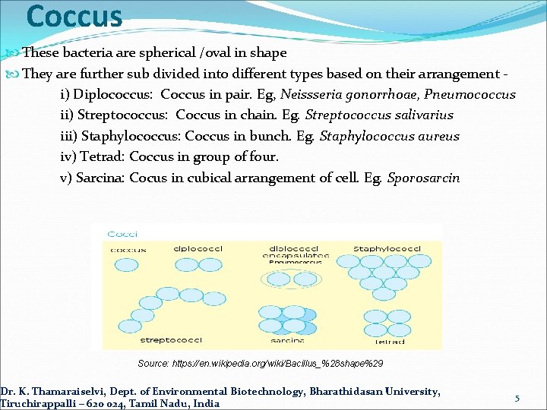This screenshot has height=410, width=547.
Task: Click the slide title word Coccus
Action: click(74, 16)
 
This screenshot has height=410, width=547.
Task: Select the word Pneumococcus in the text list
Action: click(470, 95)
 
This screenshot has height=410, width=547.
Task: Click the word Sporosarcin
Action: click(423, 178)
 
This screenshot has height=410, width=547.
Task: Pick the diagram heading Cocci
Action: click(122, 235)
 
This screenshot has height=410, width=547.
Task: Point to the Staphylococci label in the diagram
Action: click(387, 248)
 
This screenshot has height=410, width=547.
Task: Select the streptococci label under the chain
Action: click(165, 341)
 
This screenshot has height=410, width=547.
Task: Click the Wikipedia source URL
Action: click(261, 364)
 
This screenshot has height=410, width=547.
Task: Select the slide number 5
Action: click(517, 399)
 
